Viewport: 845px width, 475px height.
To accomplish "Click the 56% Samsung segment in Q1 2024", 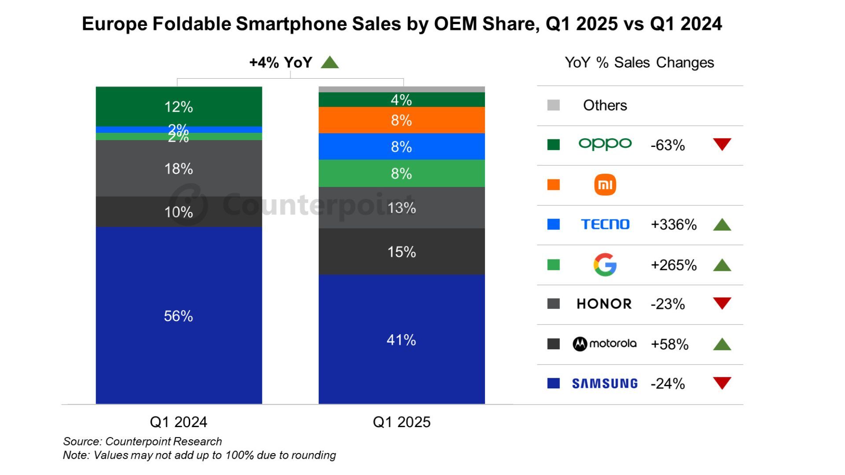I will [179, 315].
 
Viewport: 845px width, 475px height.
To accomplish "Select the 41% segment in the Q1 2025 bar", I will [401, 340].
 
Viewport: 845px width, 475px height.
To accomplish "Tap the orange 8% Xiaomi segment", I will [401, 120].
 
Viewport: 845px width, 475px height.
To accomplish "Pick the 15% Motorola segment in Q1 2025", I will [401, 252].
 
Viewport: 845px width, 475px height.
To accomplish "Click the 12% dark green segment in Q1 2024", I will [179, 106].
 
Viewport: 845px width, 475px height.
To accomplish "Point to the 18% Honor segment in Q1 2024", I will [179, 168].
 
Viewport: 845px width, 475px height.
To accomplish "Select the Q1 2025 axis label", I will [401, 422].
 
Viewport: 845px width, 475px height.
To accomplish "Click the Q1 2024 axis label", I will [179, 422].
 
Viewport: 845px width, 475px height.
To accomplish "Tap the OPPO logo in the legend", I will [605, 144].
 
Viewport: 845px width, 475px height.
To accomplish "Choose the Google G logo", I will [605, 265].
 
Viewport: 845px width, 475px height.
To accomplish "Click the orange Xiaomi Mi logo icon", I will [605, 185].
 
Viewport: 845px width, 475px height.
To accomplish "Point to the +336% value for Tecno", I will [673, 225].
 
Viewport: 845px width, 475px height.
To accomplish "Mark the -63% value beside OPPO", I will [668, 145].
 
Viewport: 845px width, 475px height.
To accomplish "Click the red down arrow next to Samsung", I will [722, 383].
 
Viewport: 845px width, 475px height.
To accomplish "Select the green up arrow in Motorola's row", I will [722, 344].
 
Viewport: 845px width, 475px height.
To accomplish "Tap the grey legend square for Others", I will [553, 105].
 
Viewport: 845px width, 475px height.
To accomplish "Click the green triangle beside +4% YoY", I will [330, 62].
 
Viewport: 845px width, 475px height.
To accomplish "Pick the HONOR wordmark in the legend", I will [604, 304].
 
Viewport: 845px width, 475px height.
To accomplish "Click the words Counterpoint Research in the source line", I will [163, 441].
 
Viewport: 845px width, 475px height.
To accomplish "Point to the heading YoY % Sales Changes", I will [639, 62].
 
